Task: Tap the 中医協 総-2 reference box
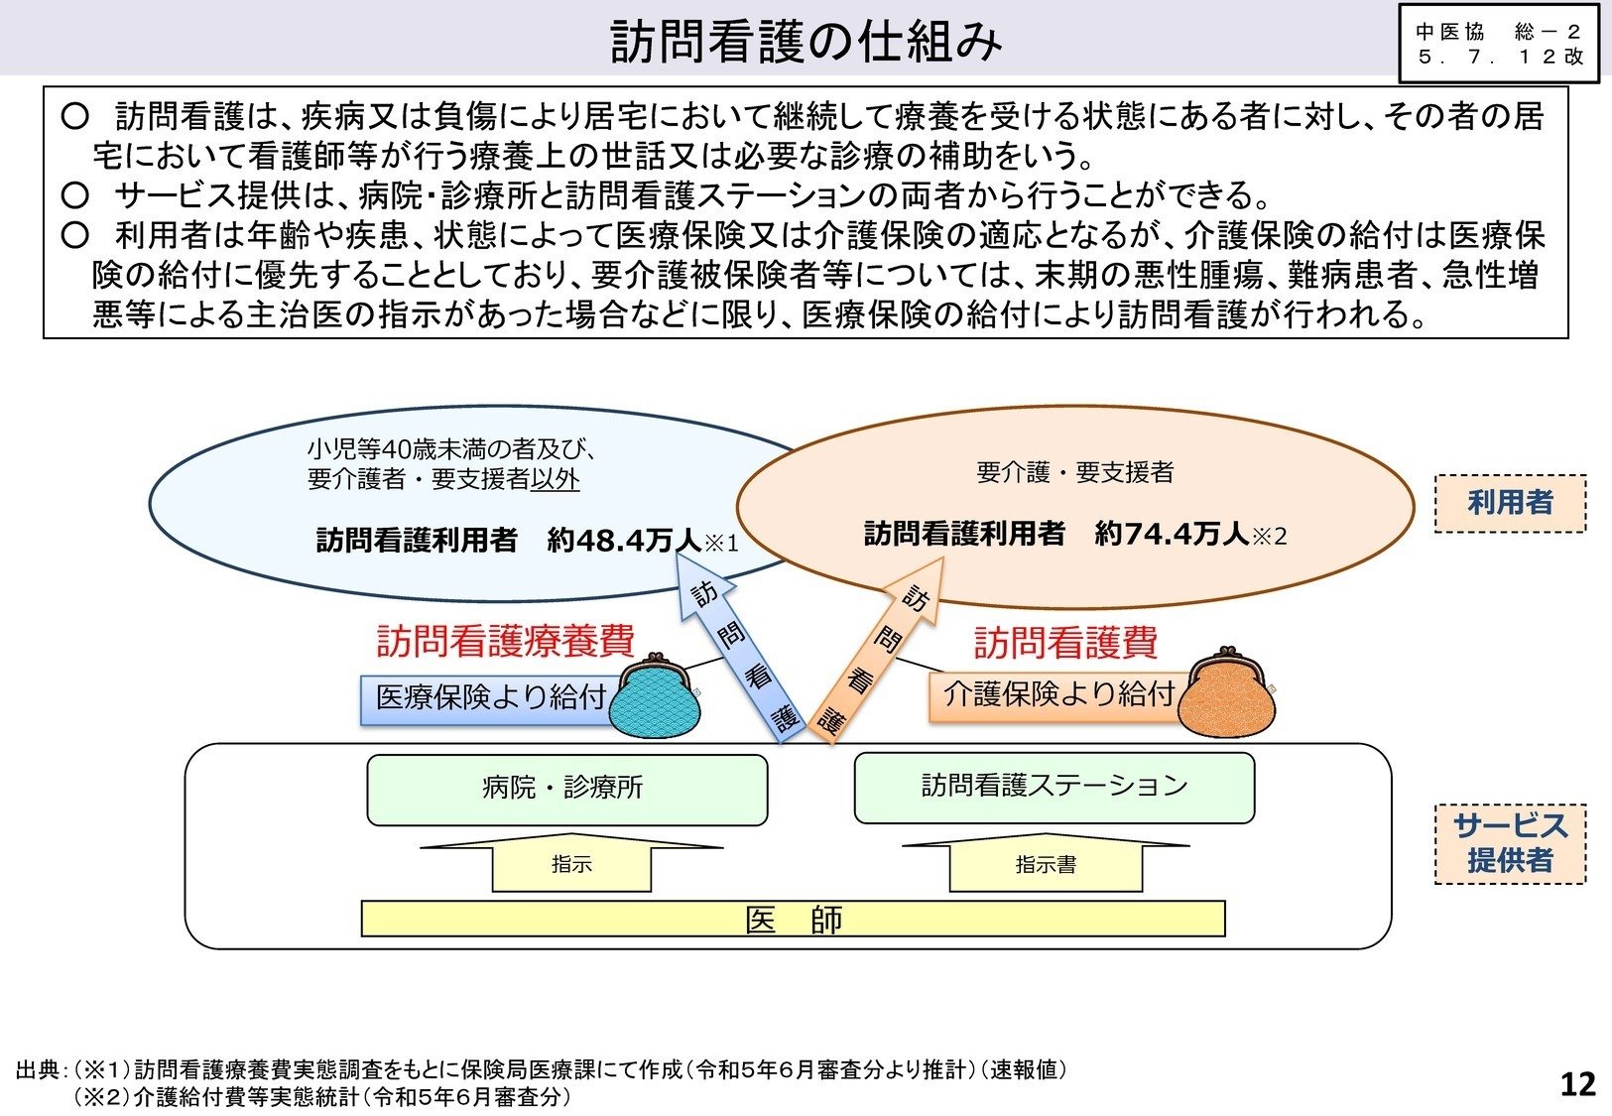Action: (x=1499, y=44)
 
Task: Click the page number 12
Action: (x=1577, y=1083)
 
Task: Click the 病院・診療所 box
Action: (x=566, y=789)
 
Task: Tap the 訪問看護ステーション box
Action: (x=1054, y=787)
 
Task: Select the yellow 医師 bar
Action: (x=793, y=920)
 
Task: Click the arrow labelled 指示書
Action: (x=1046, y=864)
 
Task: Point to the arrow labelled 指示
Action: (x=571, y=864)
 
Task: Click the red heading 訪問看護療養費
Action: (x=505, y=641)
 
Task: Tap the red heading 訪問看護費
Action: (x=1065, y=643)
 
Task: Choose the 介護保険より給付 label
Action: (x=1058, y=693)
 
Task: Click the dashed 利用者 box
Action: (x=1509, y=503)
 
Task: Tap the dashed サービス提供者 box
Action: (x=1509, y=843)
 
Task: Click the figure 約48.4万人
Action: (x=624, y=540)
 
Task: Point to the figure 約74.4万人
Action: (x=1172, y=534)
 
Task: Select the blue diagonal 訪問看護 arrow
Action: (x=740, y=655)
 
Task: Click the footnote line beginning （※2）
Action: (x=322, y=1097)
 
